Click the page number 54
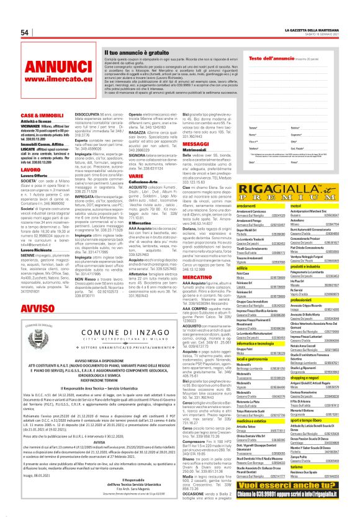click(25, 32)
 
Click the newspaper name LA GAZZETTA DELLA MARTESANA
click(313, 30)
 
